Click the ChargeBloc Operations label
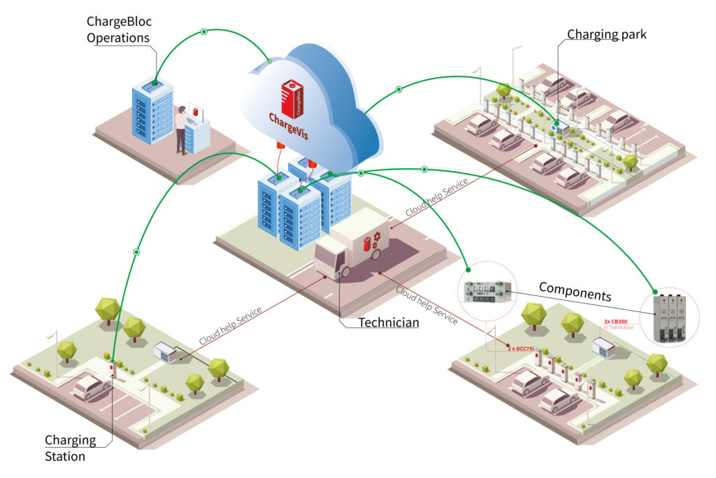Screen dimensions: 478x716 pyautogui.click(x=119, y=29)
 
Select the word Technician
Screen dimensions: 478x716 pyautogui.click(x=389, y=323)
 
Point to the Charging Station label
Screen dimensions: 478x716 pyautogui.click(x=71, y=448)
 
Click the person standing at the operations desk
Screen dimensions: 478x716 pyautogui.click(x=181, y=129)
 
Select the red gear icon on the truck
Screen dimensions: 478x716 pyautogui.click(x=375, y=239)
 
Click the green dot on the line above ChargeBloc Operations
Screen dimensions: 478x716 pyautogui.click(x=203, y=31)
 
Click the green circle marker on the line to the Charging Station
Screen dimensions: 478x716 pyautogui.click(x=136, y=251)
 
